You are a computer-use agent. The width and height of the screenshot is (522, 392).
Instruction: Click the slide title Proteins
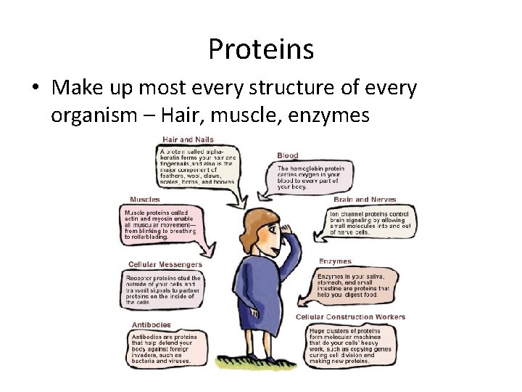click(x=260, y=49)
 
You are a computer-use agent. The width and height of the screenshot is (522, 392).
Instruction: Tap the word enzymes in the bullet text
click(x=328, y=115)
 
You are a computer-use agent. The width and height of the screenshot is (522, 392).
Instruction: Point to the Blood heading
click(x=287, y=155)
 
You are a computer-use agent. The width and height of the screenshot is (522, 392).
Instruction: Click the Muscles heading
click(x=145, y=199)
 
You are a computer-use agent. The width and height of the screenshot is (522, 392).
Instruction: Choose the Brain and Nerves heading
click(x=364, y=199)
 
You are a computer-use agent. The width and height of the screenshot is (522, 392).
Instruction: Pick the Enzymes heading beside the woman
click(x=335, y=261)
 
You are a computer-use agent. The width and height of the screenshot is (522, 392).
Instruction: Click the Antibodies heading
click(x=152, y=324)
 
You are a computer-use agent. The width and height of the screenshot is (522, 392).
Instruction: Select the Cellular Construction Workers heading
click(x=351, y=317)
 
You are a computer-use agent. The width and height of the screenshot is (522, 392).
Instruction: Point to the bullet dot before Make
click(x=34, y=89)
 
